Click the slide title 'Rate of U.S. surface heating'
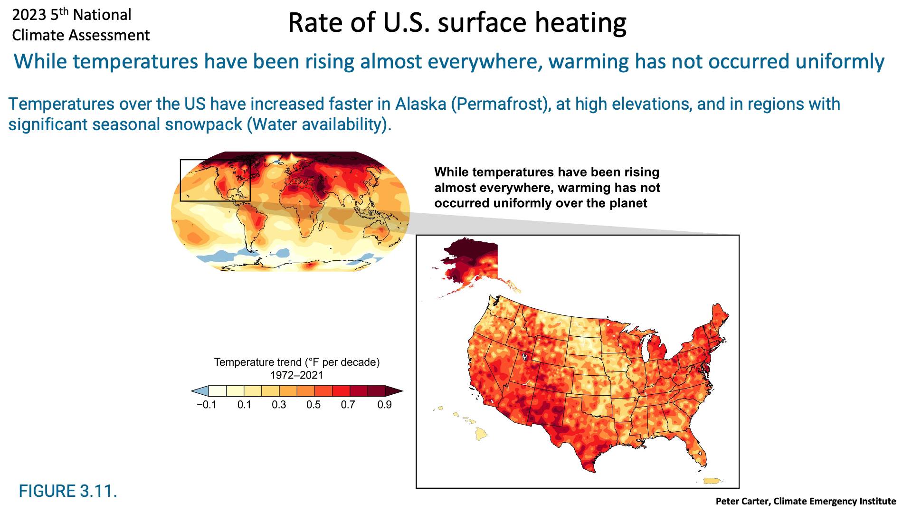click(x=457, y=22)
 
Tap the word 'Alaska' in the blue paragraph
click(x=420, y=104)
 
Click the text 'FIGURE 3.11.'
click(x=68, y=491)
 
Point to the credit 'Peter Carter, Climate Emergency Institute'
click(x=806, y=501)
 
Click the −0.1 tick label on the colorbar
click(x=207, y=405)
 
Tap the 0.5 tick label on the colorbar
click(x=313, y=405)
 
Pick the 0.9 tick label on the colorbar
click(x=384, y=405)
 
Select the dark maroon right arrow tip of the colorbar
click(x=394, y=391)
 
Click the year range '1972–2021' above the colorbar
click(x=297, y=375)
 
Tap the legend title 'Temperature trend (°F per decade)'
click(x=297, y=362)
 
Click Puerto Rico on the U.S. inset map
click(x=712, y=481)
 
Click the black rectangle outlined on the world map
click(x=180, y=180)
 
